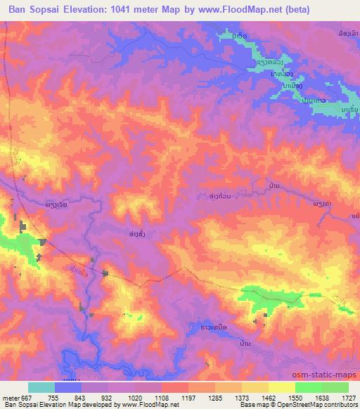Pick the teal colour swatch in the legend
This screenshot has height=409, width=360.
[41, 387]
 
